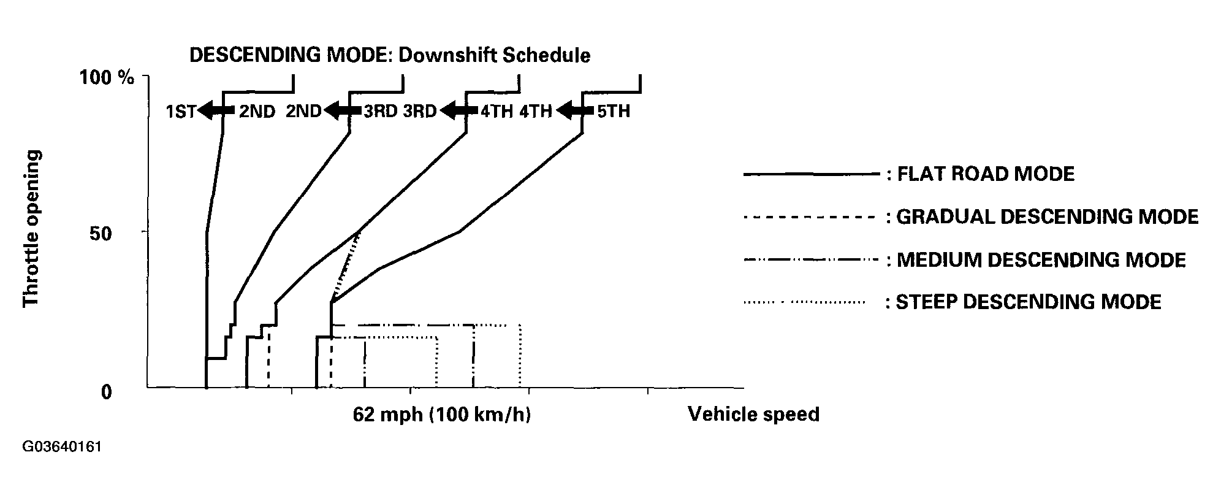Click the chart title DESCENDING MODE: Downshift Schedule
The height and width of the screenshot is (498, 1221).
point(390,55)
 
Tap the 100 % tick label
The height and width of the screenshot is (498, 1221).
point(107,77)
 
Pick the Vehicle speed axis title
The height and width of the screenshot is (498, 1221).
point(753,415)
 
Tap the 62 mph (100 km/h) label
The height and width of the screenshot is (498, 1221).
point(441,415)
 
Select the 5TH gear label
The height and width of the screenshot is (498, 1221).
point(612,112)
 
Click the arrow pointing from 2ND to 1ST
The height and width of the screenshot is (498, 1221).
point(216,111)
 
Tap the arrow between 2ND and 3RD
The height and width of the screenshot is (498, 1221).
point(343,111)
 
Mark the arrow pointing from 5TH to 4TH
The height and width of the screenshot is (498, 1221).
point(574,111)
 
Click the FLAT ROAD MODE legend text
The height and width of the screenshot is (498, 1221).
point(986,174)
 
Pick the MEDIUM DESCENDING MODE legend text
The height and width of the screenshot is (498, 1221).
point(1041,260)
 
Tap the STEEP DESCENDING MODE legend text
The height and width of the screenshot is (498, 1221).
point(1029,302)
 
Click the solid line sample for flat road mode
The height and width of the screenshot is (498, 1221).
point(810,175)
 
